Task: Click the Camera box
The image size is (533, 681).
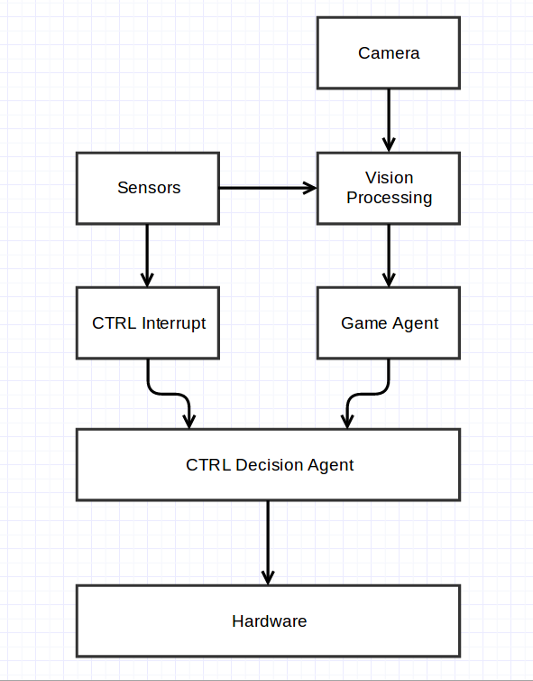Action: [389, 53]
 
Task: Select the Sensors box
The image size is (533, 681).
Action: [148, 188]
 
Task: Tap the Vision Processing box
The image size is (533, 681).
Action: [389, 188]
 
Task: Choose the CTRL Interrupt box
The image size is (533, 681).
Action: [148, 322]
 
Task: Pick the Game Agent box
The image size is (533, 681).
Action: [389, 322]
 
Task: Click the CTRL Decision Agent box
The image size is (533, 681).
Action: [268, 465]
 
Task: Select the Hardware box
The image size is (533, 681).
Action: [268, 621]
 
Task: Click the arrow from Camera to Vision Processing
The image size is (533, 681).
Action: [389, 121]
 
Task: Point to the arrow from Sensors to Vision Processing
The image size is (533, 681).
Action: [268, 188]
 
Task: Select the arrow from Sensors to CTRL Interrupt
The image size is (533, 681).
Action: [147, 256]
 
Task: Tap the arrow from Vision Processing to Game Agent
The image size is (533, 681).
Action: [389, 256]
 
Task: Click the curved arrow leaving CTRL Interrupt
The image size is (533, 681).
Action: [170, 394]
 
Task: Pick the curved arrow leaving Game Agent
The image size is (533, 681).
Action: [368, 394]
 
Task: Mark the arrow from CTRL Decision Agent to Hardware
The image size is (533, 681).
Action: [268, 543]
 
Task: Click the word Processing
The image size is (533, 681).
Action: [389, 198]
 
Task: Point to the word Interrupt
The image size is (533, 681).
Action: [173, 323]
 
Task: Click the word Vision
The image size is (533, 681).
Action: [389, 178]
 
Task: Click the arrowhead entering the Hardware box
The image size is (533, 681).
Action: [268, 578]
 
